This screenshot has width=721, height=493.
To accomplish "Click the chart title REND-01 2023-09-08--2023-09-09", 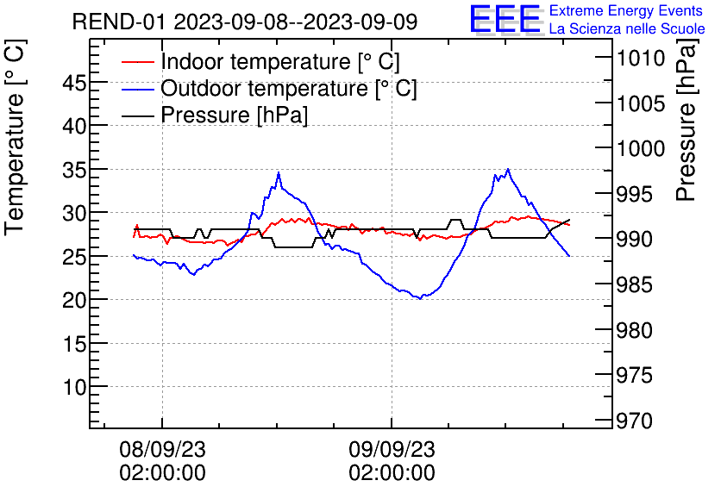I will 245,22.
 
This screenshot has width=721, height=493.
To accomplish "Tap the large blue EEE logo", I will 505,20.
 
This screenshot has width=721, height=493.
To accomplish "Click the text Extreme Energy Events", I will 627,11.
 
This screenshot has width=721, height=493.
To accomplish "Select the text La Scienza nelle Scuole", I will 627,29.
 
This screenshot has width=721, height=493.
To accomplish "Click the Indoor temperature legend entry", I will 280,62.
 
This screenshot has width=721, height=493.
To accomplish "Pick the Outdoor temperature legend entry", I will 289,89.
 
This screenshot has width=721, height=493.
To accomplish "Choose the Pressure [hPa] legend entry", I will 235,115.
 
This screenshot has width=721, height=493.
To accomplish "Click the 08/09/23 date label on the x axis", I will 162,449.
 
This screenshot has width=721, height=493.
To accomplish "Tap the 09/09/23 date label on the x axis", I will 392,449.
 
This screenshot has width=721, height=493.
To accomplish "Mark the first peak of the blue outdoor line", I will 279,173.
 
